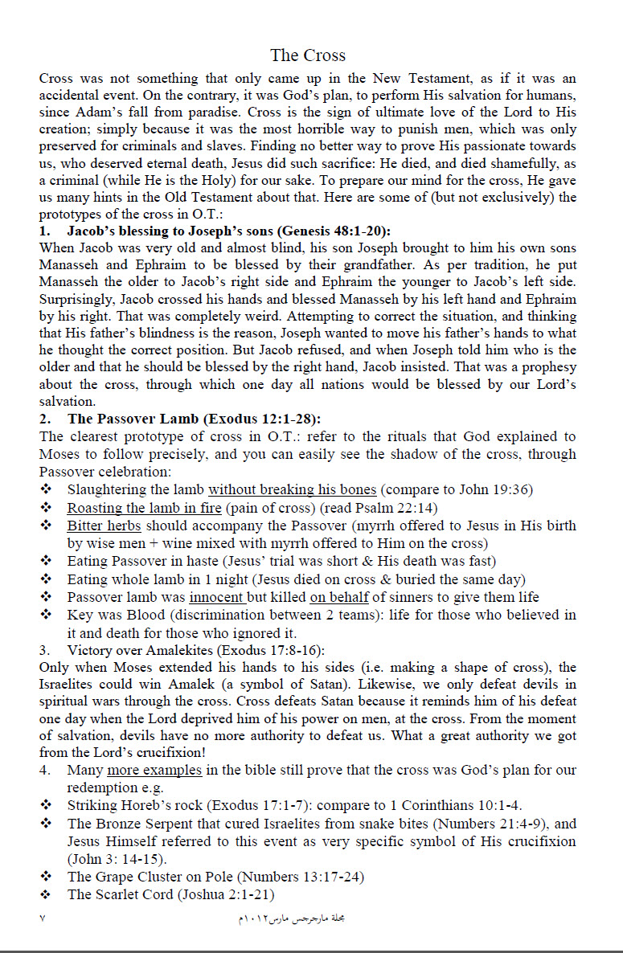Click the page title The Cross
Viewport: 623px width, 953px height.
click(x=308, y=55)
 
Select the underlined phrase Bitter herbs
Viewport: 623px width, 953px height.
click(x=104, y=526)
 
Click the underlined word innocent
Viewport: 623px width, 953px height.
click(x=217, y=597)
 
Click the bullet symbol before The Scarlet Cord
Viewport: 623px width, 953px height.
click(x=46, y=894)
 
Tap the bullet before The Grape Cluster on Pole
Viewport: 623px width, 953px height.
click(x=46, y=877)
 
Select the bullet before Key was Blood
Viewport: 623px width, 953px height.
click(x=46, y=615)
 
